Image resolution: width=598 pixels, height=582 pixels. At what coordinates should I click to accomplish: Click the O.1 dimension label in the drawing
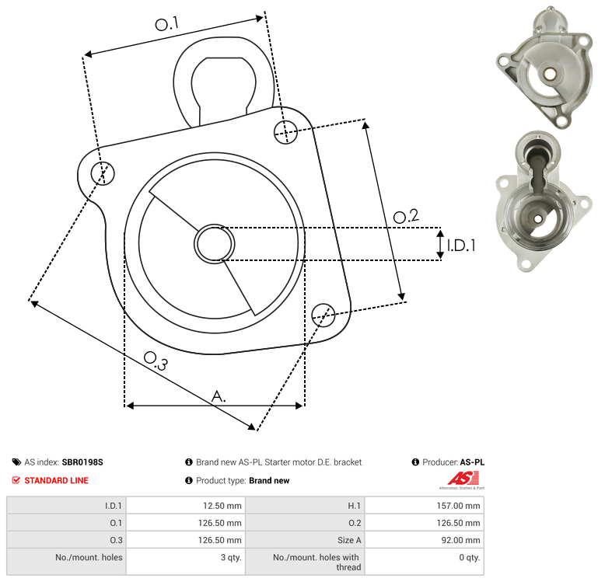click(x=166, y=24)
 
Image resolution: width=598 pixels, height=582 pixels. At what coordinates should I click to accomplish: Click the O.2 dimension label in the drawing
click(x=406, y=216)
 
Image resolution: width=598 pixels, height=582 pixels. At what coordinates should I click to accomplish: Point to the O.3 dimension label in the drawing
click(x=156, y=361)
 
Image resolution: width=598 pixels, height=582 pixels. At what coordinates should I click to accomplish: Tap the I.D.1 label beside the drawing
click(x=461, y=246)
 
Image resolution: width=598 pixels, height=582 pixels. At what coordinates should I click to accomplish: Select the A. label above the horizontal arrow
click(x=219, y=396)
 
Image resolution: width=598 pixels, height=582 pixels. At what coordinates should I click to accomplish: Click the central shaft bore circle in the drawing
click(x=215, y=244)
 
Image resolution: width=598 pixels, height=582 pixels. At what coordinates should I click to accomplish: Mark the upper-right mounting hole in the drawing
click(x=285, y=132)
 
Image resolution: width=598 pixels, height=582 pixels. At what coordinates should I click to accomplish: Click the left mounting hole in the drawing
click(x=103, y=173)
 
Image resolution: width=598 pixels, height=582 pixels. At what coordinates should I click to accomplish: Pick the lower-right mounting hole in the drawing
click(x=323, y=315)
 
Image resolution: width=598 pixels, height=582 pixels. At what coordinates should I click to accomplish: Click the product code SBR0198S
click(x=82, y=462)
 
